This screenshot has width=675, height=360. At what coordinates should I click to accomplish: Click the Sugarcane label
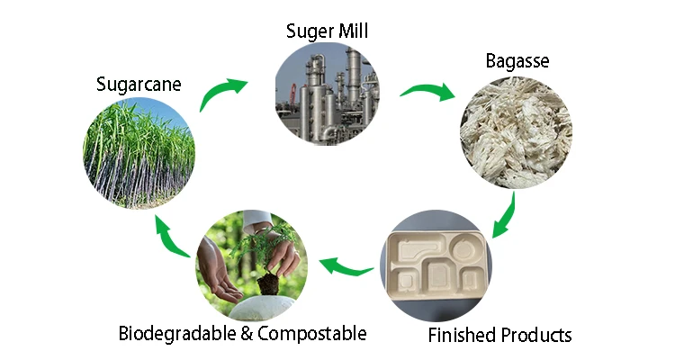(139, 85)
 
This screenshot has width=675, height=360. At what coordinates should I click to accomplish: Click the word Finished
(461, 336)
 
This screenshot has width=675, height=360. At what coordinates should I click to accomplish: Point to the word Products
(535, 336)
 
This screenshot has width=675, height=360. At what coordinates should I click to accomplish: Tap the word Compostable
(312, 334)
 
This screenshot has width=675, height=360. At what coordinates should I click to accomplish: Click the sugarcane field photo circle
(139, 153)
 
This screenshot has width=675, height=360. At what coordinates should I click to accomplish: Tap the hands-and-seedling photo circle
(247, 265)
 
